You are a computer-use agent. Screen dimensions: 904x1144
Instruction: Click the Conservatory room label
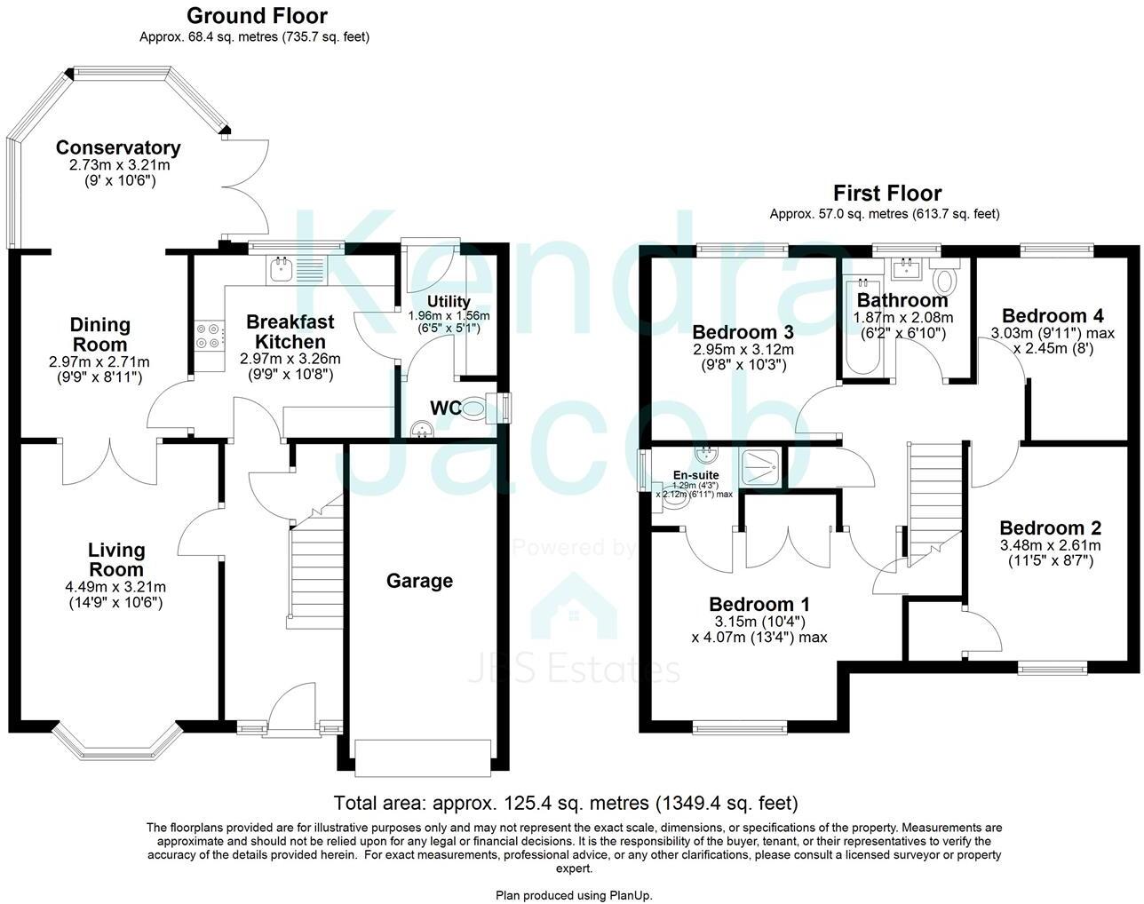tap(118, 148)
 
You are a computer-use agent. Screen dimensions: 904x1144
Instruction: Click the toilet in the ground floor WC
tap(474, 408)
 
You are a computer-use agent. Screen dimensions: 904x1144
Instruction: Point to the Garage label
tap(419, 581)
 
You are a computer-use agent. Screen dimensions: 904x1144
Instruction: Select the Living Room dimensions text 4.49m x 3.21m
tap(116, 587)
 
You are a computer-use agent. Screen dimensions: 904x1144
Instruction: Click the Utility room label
tap(449, 302)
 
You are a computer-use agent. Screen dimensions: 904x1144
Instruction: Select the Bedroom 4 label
tap(1053, 316)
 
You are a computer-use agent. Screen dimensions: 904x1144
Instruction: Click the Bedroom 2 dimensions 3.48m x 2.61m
tap(1050, 545)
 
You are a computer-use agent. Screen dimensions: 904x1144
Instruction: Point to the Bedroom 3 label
tap(743, 332)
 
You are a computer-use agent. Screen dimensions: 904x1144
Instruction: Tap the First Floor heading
tap(886, 193)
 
